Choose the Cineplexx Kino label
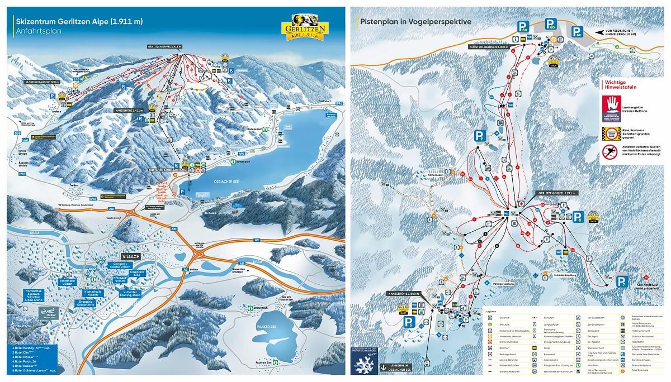(x=148, y=275)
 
